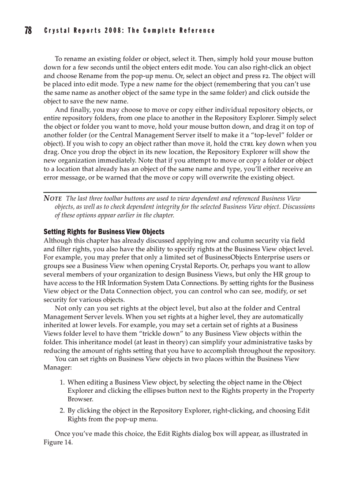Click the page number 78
pos(28,30)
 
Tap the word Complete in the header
pos(161,30)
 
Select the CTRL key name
pos(247,144)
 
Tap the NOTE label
pos(52,198)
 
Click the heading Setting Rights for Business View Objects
pos(104,231)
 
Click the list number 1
pos(62,383)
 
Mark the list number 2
pos(62,411)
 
